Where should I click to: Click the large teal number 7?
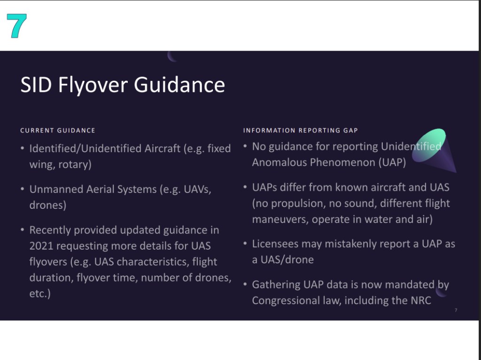pyautogui.click(x=16, y=26)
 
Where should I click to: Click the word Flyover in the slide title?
pyautogui.click(x=93, y=85)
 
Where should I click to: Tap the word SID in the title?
pyautogui.click(x=36, y=84)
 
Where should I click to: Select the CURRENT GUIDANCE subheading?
pyautogui.click(x=58, y=130)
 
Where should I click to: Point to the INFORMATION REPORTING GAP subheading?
pyautogui.click(x=301, y=130)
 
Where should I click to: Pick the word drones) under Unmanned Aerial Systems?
pyautogui.click(x=48, y=205)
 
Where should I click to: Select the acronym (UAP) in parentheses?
pyautogui.click(x=392, y=162)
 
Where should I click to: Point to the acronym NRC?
pyautogui.click(x=421, y=300)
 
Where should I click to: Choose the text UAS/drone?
pyautogui.click(x=287, y=260)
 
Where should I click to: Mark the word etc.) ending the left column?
pyautogui.click(x=40, y=294)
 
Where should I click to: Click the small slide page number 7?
pyautogui.click(x=456, y=310)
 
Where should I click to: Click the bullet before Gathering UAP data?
pyautogui.click(x=245, y=284)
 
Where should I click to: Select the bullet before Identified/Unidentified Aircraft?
pyautogui.click(x=23, y=148)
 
